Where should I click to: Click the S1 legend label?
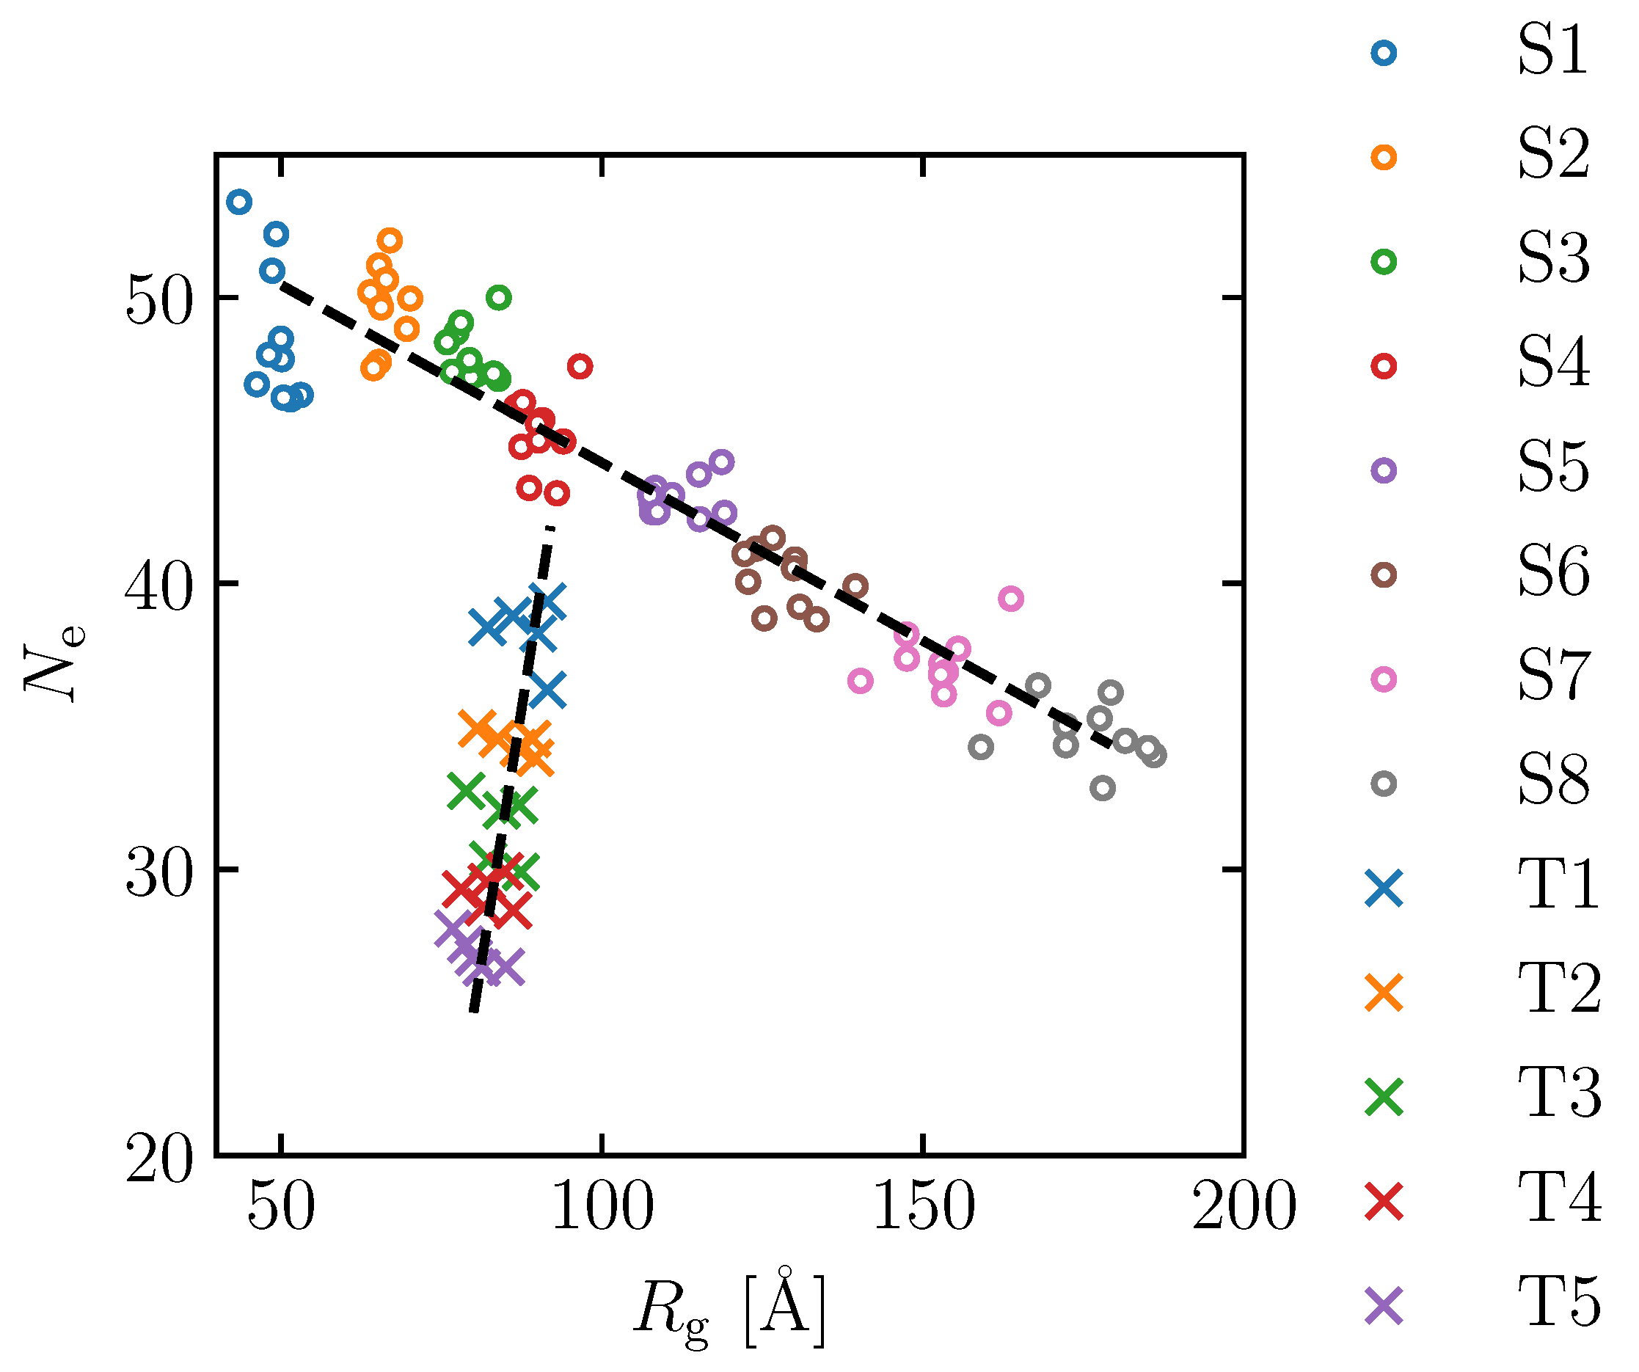pos(1552,51)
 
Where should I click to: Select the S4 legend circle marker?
pos(1384,366)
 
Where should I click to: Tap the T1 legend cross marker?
pos(1384,888)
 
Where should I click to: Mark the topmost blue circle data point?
pos(239,202)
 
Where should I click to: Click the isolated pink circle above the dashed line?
pos(1011,599)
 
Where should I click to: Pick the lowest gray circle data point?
pos(1102,788)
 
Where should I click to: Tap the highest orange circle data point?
pos(390,241)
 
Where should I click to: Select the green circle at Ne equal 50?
pos(499,297)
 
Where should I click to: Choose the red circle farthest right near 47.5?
pos(580,366)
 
